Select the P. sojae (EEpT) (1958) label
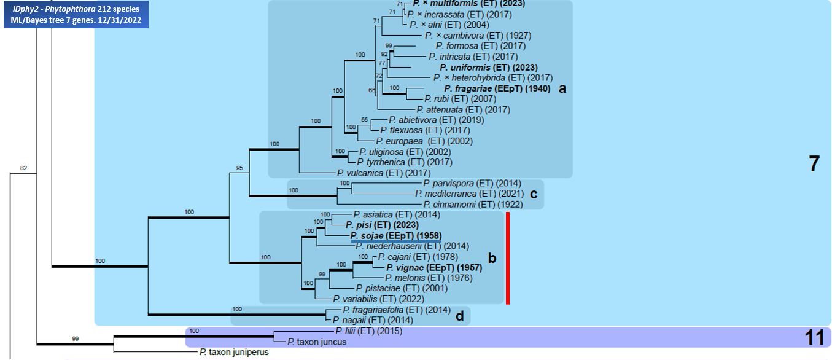pyautogui.click(x=395, y=235)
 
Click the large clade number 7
pyautogui.click(x=814, y=165)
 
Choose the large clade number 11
pyautogui.click(x=814, y=337)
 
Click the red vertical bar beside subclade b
pyautogui.click(x=508, y=257)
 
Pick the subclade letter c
pyautogui.click(x=534, y=194)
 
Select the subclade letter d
pyautogui.click(x=459, y=315)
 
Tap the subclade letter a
pyautogui.click(x=562, y=88)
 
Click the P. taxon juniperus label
pyautogui.click(x=234, y=352)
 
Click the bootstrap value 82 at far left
pyautogui.click(x=24, y=168)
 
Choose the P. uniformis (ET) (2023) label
pyautogui.click(x=488, y=67)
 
